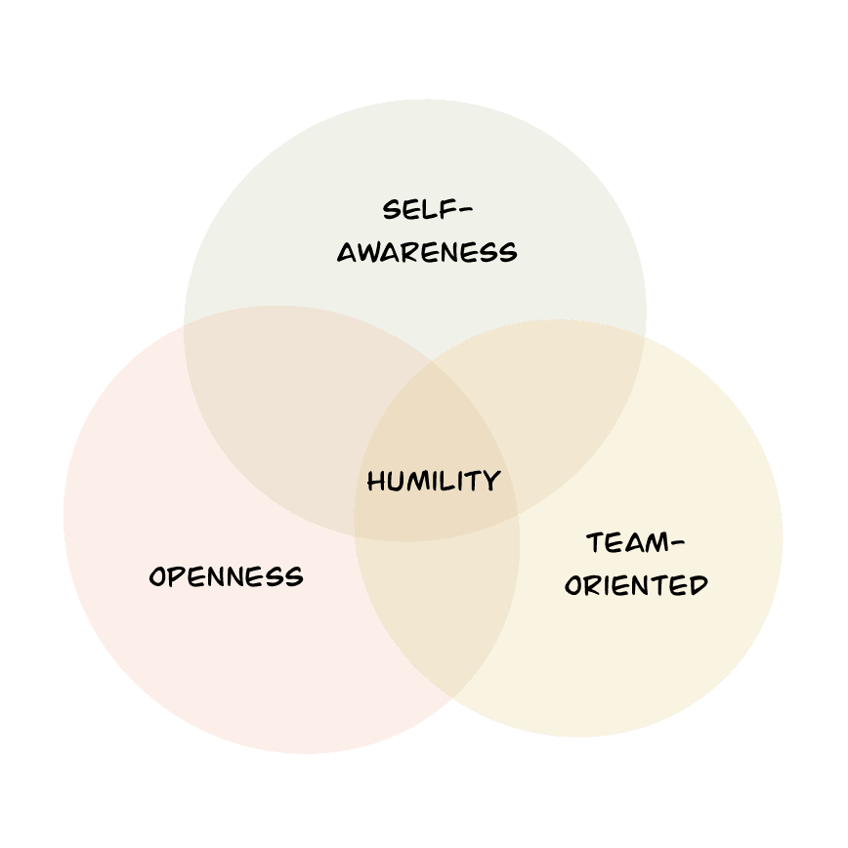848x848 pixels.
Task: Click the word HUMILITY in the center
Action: click(434, 481)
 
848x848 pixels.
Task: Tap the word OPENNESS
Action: click(226, 576)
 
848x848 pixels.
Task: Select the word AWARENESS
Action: click(427, 253)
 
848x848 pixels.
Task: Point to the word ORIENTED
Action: click(636, 585)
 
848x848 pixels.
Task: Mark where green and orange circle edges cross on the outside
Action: click(185, 323)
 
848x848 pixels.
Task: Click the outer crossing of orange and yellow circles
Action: click(451, 697)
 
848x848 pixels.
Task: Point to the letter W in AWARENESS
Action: click(370, 253)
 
